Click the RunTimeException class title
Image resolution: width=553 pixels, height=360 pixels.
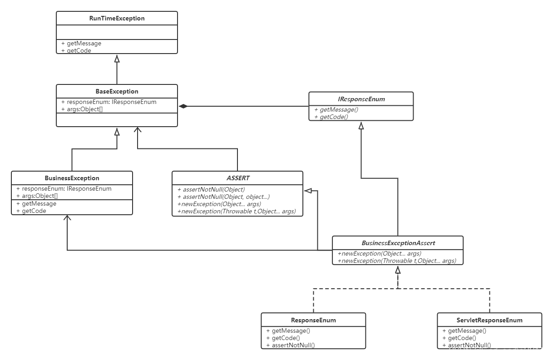click(x=117, y=19)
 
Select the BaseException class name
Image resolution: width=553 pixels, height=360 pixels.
click(x=117, y=91)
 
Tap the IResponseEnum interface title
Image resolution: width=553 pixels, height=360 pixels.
click(x=361, y=99)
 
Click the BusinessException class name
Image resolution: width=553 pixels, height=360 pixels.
click(x=72, y=178)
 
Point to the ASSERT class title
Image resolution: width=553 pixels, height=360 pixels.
click(x=238, y=178)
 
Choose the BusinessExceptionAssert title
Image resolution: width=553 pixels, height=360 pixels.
click(x=398, y=243)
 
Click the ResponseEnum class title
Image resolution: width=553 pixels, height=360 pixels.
click(x=313, y=320)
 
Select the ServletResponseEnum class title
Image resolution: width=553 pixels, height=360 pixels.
click(x=489, y=320)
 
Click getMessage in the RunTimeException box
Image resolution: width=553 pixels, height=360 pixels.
click(x=84, y=44)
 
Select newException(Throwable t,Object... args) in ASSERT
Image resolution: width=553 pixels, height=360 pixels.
click(x=236, y=211)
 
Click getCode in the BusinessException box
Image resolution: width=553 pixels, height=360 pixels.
click(x=34, y=211)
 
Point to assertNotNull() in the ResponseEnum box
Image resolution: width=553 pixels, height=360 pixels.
click(x=293, y=345)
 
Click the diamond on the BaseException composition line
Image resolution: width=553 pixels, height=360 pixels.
click(x=183, y=106)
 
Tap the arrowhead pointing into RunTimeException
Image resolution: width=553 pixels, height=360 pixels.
click(x=117, y=58)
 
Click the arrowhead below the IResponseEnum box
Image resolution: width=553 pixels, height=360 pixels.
click(x=361, y=125)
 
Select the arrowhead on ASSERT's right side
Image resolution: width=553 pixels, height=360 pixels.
click(x=307, y=191)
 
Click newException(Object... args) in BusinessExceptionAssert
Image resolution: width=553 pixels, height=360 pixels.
click(x=379, y=253)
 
